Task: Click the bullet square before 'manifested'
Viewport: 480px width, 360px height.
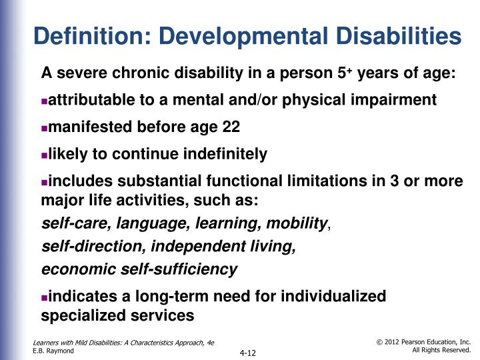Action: pos(45,129)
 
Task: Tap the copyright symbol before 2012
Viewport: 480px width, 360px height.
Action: pos(381,341)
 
